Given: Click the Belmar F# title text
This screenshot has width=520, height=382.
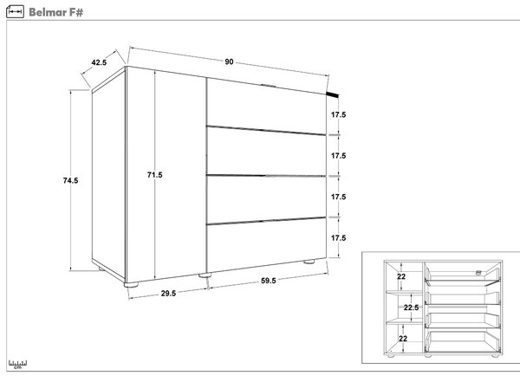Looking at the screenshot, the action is pos(55,12).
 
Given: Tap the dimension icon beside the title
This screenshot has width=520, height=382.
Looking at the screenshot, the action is pos(16,11).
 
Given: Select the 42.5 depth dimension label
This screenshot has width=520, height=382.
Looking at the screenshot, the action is pos(99,62).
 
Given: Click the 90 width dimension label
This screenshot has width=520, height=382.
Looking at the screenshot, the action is pos(229,62).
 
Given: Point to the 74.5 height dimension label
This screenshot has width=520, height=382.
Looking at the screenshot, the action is pos(71,180).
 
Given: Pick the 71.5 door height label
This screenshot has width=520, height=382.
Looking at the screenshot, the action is pos(155,175).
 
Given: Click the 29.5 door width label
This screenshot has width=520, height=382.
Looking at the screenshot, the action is pos(168,293).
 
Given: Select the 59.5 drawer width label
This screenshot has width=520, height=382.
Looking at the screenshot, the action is pos(269,281).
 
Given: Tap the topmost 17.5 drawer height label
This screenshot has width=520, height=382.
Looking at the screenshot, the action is pos(338,114).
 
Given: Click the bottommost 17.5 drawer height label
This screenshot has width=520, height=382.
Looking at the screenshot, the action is pos(338,237).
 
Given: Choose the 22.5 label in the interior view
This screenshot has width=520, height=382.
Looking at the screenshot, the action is pos(411,308).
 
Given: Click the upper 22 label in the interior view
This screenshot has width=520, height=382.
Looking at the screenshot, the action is pos(401,276).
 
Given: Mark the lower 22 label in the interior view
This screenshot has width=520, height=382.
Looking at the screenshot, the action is pos(403,339).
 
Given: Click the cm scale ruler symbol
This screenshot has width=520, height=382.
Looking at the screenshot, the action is pos(17,364).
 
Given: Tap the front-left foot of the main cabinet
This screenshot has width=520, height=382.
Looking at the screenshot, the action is pos(131,284).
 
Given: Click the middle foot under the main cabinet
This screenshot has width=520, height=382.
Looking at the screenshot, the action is pos(205,275).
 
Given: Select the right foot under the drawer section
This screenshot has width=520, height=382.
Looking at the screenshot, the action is pos(309,262).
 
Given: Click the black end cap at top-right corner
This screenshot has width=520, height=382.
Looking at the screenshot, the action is pos(333,94).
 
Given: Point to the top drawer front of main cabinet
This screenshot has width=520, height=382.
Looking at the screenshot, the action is pos(266,107).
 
